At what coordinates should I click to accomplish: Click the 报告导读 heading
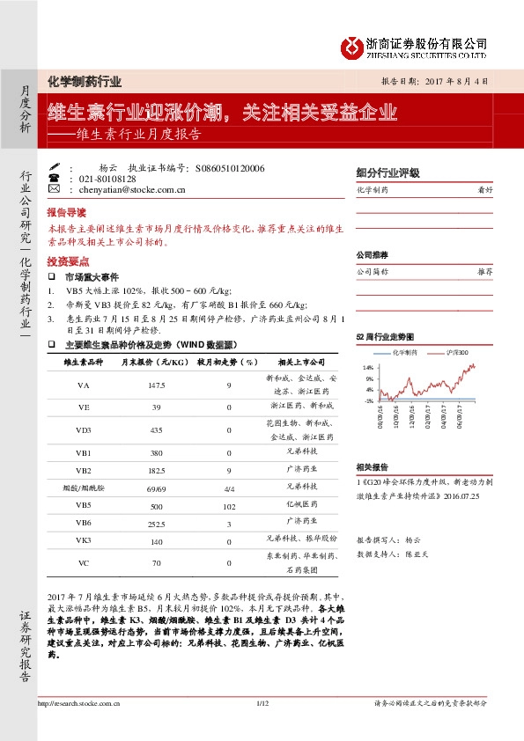(66, 213)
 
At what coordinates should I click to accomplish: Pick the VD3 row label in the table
(84, 429)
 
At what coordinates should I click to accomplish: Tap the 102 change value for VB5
(229, 506)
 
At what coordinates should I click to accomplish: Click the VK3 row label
(84, 539)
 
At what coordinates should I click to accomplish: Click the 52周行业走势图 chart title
(384, 337)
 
